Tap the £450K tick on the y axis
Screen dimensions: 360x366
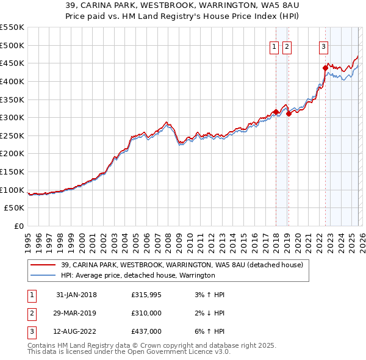tap(12, 63)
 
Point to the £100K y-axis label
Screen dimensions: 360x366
tap(12, 190)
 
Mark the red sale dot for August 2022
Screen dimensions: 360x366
tap(325, 68)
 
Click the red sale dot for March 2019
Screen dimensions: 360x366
tap(289, 114)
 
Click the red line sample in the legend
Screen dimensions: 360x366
tap(43, 265)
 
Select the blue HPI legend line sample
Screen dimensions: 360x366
tap(43, 275)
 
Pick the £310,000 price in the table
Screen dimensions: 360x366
tap(146, 313)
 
